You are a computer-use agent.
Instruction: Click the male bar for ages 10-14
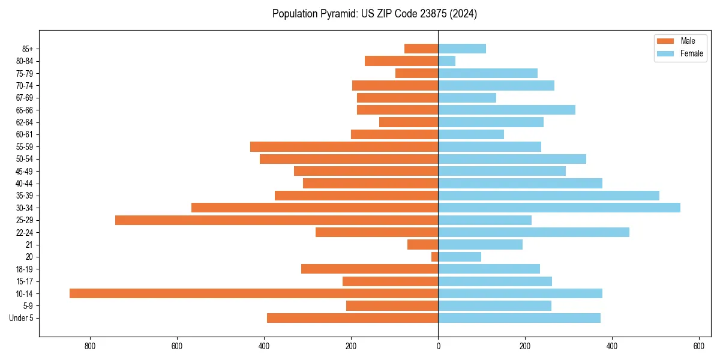coord(254,293)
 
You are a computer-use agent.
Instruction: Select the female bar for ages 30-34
coord(559,208)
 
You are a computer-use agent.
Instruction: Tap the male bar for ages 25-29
coord(277,220)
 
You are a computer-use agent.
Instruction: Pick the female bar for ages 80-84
coord(447,61)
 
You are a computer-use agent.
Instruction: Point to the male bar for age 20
coord(435,257)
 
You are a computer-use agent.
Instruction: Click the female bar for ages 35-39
coord(548,196)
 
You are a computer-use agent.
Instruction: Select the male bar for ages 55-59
coord(344,146)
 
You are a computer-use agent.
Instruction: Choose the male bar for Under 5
coord(352,318)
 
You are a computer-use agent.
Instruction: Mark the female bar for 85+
coord(462,49)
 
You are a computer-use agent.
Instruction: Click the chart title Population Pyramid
coord(374,14)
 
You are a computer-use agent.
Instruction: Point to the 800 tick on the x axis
coord(90,346)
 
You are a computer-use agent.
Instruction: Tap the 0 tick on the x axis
coord(438,346)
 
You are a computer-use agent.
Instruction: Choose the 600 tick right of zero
coord(698,346)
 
